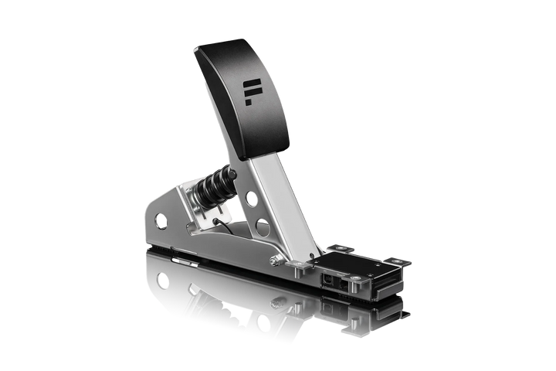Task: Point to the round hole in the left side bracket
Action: coord(160,221)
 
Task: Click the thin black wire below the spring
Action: coord(224,226)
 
